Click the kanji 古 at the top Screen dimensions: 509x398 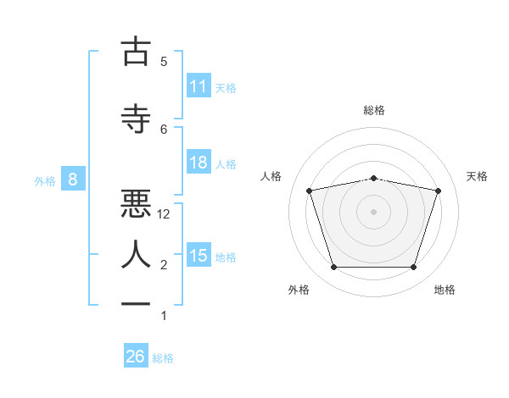136,51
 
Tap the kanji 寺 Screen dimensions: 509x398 136,119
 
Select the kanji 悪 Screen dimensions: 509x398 136,203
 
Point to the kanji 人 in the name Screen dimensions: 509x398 136,254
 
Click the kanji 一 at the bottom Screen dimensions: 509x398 136,304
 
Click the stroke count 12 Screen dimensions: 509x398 163,214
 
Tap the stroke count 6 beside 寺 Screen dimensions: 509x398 164,130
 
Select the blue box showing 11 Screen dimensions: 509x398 199,86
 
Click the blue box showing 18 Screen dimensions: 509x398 199,162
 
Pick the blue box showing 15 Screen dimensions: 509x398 199,254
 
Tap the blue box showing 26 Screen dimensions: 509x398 136,355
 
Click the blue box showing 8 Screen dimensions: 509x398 73,179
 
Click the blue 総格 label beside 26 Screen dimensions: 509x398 163,358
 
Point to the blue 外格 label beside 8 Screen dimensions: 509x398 45,181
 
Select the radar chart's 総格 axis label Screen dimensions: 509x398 374,110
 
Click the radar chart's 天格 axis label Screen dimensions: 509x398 477,176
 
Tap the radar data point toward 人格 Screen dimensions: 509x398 310,191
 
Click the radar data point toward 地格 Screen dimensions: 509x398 414,268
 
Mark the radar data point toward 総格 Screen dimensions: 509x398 374,179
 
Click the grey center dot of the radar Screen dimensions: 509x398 373,212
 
